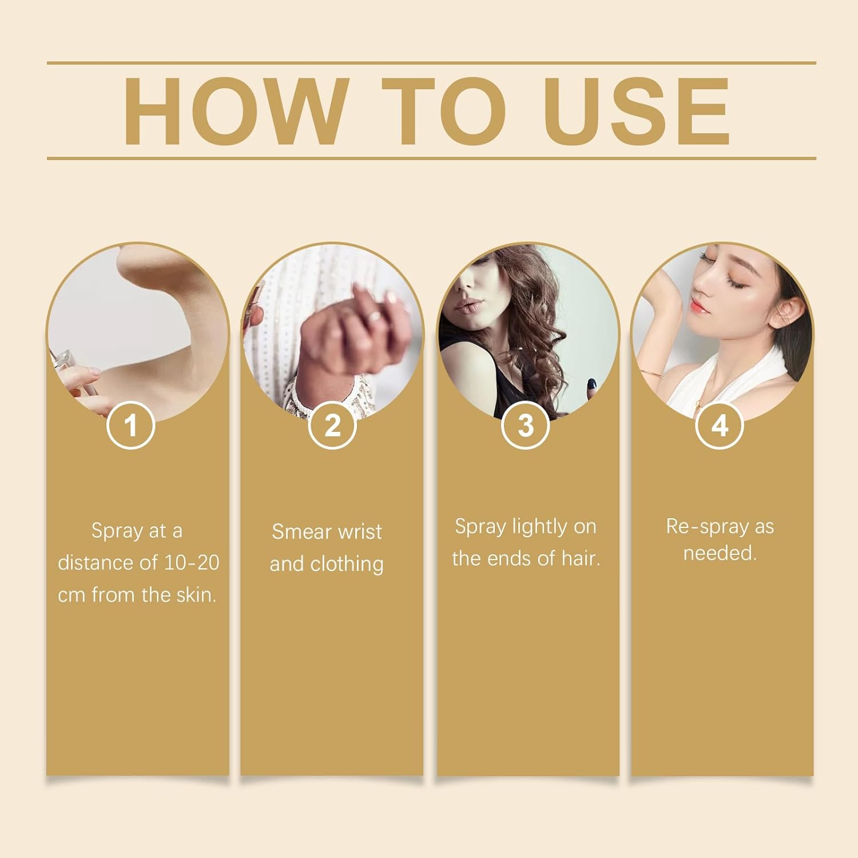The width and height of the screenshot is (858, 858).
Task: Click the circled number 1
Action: click(131, 426)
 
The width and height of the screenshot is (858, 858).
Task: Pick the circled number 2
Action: click(332, 426)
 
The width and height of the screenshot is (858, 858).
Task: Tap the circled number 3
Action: click(526, 426)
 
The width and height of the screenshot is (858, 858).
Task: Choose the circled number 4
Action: click(720, 426)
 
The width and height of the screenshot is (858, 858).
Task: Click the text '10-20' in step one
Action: click(192, 563)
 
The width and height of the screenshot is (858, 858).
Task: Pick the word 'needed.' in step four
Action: click(720, 553)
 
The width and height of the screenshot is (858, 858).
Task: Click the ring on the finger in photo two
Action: click(375, 316)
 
